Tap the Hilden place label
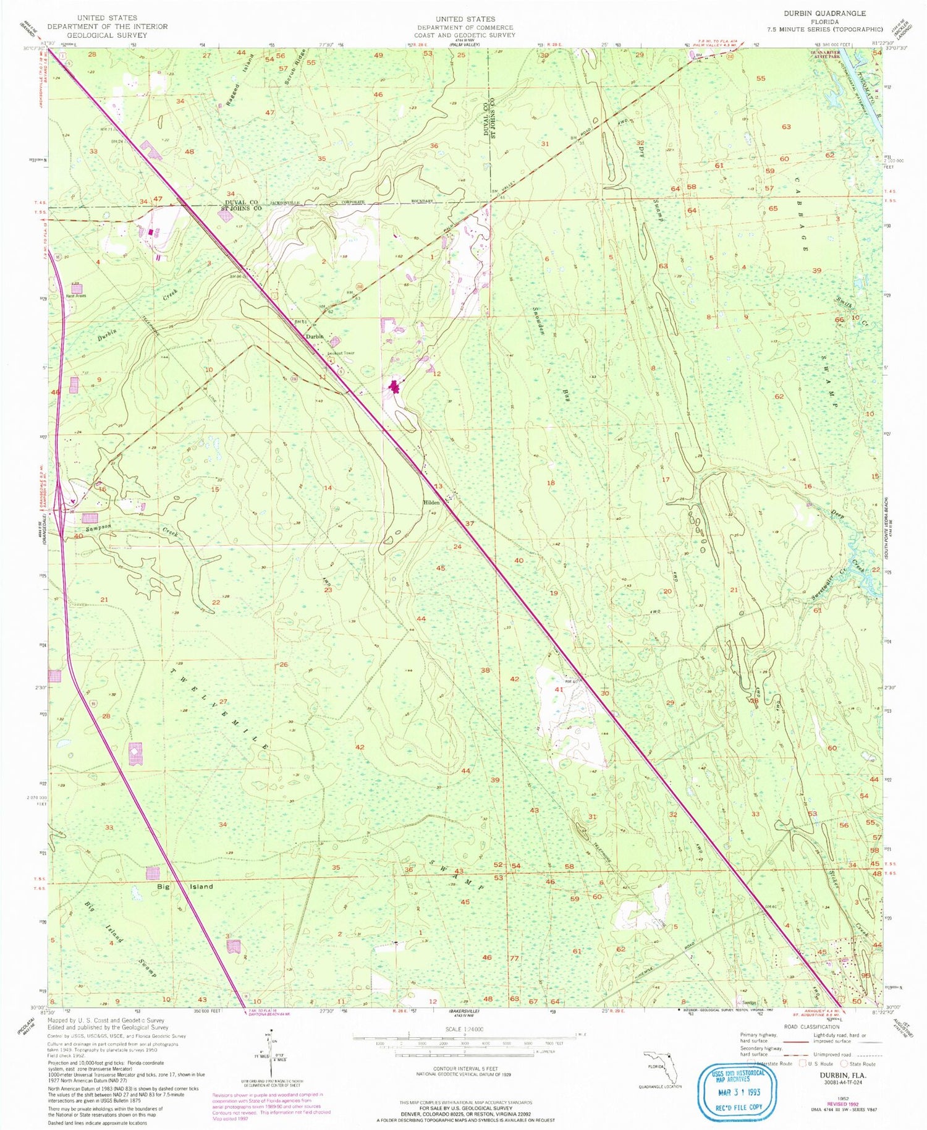coord(431,503)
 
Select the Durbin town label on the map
coord(315,336)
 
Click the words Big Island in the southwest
coord(185,886)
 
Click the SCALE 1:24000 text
coord(463,1029)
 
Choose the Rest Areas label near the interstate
coord(76,295)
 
